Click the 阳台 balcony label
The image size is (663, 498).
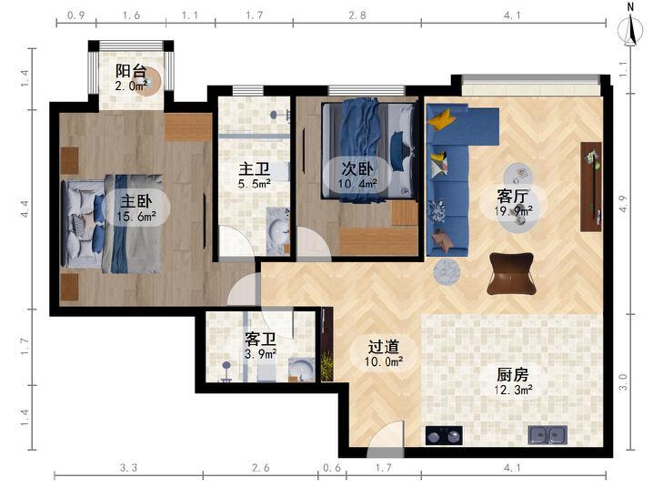coord(131,71)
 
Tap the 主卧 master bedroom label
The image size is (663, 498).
coord(136,201)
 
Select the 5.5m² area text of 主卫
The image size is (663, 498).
coord(254,184)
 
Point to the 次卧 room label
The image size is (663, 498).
coord(357,168)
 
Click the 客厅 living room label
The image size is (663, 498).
coord(513,196)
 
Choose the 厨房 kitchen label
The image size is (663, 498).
coord(513,374)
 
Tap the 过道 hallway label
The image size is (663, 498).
coord(384,347)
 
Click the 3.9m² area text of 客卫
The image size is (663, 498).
coord(260,354)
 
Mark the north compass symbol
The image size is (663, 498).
coord(630,26)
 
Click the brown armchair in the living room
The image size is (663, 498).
coord(511,273)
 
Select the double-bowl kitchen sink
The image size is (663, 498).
coord(547,434)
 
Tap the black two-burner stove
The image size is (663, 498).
coord(444,435)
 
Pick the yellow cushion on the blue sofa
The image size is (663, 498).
coord(441,118)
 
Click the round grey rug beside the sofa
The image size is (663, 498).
coord(447,271)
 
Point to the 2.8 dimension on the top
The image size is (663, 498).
coord(357,15)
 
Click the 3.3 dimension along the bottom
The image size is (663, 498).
coord(128,468)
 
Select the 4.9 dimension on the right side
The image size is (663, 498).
coord(623,204)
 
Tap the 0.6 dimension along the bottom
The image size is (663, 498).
coord(332,468)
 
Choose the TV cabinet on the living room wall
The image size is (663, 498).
coord(591,187)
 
